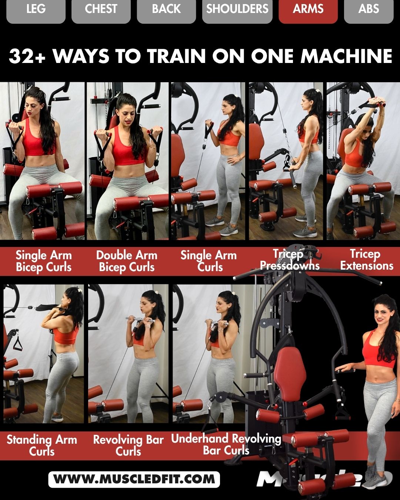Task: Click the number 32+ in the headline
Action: (x=27, y=56)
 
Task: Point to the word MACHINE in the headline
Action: (x=346, y=56)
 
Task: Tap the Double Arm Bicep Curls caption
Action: (x=127, y=261)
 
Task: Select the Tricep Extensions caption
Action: (x=366, y=260)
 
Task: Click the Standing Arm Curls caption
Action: (x=42, y=445)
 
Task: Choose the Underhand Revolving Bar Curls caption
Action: (x=226, y=444)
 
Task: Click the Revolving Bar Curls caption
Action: (x=128, y=445)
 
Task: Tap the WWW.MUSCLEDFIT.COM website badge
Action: (x=134, y=479)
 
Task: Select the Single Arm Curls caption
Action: (x=209, y=261)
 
